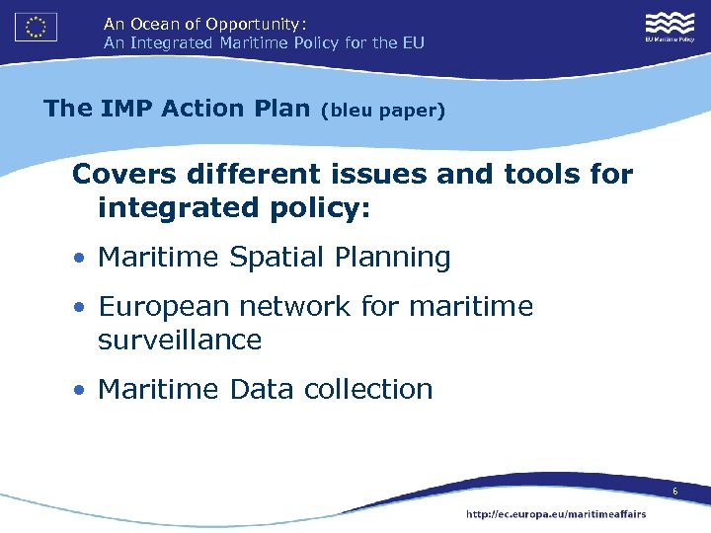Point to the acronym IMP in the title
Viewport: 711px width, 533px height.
[127, 109]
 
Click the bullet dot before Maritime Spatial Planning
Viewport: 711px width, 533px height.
[78, 259]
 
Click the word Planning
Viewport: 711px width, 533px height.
[391, 259]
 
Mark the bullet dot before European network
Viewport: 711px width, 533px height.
[78, 308]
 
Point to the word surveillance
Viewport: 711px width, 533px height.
[180, 341]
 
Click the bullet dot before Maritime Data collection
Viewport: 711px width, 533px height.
[78, 391]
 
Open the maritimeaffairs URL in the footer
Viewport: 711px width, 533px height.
[556, 513]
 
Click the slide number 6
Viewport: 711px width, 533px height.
[674, 492]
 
